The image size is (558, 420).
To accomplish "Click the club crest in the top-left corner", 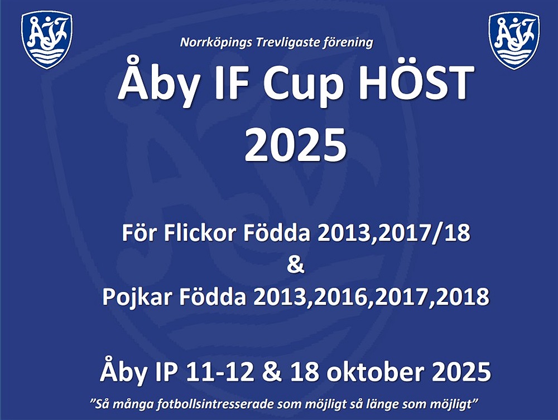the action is (x=47, y=40).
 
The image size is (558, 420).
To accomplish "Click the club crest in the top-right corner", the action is (x=514, y=41).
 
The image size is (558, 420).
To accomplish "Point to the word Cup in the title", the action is (x=302, y=85).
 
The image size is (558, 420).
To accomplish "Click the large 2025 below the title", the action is (x=295, y=145).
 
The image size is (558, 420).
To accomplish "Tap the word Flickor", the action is (x=200, y=233).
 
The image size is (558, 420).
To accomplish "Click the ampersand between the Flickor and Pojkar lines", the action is (x=295, y=265).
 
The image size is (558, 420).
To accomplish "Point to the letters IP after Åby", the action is (x=166, y=372).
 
